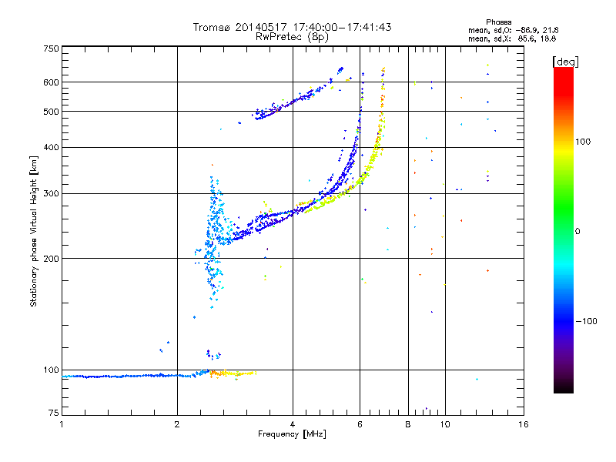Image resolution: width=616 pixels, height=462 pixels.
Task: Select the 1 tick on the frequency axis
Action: (62, 424)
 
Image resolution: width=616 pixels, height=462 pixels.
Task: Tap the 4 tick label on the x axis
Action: (293, 424)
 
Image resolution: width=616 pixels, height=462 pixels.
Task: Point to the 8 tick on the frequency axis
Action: (408, 424)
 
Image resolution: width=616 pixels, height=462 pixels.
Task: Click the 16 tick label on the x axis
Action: (523, 424)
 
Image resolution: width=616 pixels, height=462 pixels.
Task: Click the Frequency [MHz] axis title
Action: (293, 434)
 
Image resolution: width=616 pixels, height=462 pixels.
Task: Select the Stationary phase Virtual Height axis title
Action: (34, 232)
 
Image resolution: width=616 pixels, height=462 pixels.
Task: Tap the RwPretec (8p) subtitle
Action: (292, 36)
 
